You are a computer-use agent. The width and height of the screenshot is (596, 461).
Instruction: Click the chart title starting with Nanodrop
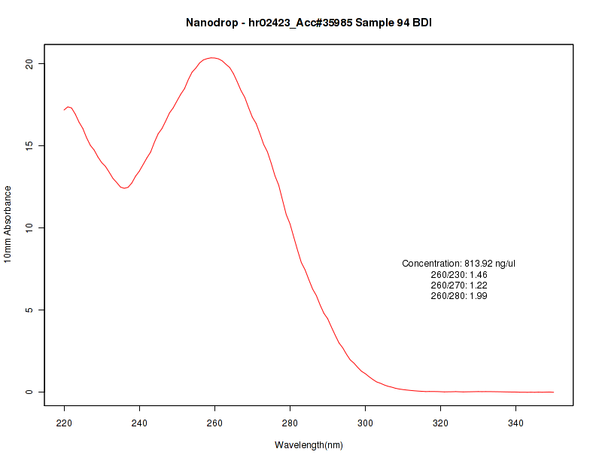pos(309,23)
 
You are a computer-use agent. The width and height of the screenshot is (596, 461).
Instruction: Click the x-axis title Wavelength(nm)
pos(309,445)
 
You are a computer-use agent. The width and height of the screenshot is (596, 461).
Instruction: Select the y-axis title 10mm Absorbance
pos(8,224)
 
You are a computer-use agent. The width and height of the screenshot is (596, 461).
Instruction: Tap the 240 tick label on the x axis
pos(139,423)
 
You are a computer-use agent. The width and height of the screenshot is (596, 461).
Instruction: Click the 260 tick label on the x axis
pos(214,423)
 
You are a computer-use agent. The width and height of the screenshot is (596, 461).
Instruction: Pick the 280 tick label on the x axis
pos(290,423)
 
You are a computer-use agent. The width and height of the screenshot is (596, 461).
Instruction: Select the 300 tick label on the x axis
pos(365,423)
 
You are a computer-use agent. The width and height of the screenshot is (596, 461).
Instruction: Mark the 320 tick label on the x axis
pos(440,423)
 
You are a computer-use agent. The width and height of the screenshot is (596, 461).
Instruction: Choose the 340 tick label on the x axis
pos(515,423)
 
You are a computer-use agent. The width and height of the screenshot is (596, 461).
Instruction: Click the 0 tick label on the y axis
pos(30,392)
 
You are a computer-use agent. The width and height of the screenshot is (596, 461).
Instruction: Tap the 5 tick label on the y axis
pos(30,310)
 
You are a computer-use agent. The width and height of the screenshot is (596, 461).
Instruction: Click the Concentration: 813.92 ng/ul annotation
pos(459,264)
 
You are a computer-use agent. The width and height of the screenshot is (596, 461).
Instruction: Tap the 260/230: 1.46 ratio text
pos(459,274)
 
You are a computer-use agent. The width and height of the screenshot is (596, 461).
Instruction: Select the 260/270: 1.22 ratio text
pos(459,285)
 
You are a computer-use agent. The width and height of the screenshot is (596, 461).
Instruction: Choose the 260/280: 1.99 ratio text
pos(459,296)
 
